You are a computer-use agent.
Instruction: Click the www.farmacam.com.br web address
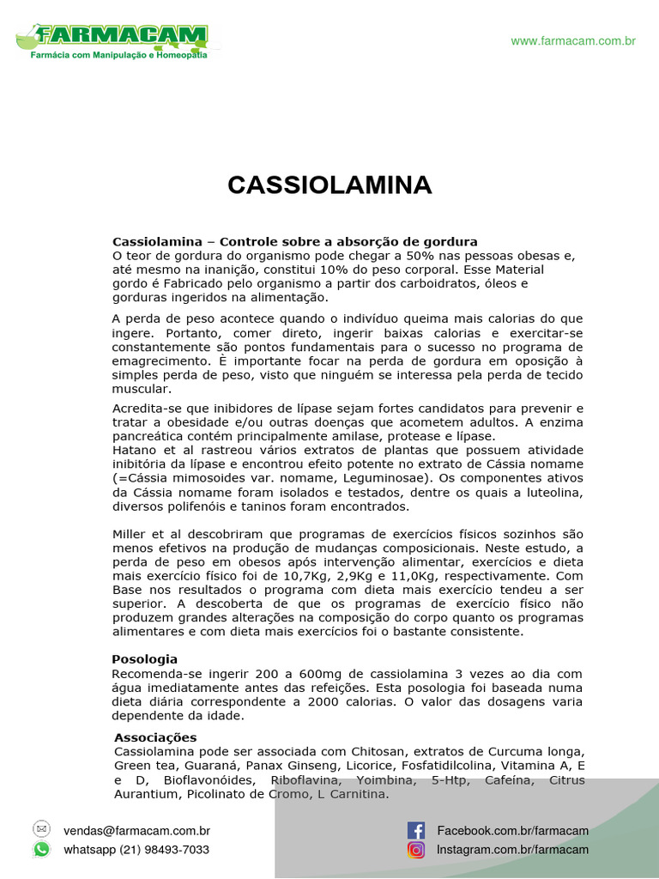(x=573, y=41)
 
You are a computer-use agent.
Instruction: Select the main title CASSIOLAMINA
(x=329, y=185)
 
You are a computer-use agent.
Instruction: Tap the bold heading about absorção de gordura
(x=295, y=241)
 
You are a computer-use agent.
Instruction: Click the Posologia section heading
(x=145, y=659)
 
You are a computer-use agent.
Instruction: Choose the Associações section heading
(x=155, y=737)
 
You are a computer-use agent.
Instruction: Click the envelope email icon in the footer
(x=41, y=829)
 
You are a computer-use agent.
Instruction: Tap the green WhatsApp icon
(x=41, y=849)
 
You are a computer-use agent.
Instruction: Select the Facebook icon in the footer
(x=416, y=830)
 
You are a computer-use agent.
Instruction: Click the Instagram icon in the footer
(x=416, y=850)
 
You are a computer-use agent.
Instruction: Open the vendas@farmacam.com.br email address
(x=136, y=831)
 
